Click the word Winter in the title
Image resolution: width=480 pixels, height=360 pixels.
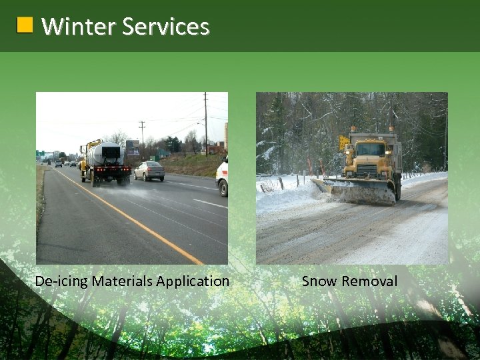click(79, 26)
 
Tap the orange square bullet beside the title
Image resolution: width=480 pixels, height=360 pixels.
click(25, 25)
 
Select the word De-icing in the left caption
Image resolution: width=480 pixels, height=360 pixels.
click(61, 281)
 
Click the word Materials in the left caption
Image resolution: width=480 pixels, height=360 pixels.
click(123, 281)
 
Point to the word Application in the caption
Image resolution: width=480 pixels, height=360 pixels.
click(193, 281)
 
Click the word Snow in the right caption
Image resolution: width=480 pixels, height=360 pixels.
click(319, 281)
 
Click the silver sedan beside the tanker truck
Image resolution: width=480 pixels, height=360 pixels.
click(149, 171)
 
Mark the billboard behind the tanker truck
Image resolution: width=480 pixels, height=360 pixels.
click(133, 147)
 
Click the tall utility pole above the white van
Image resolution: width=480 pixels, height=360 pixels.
click(205, 123)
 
